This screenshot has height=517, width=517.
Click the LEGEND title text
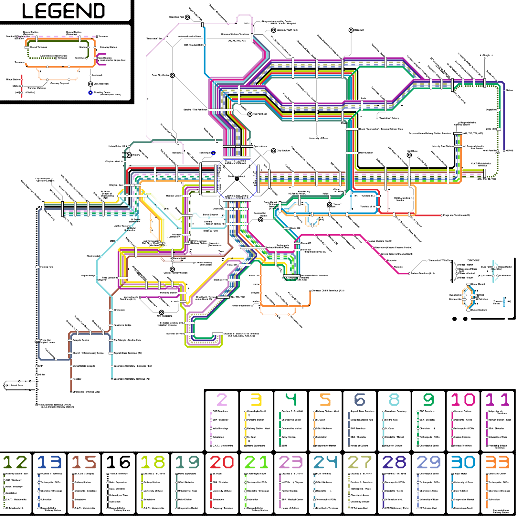pyautogui.click(x=64, y=11)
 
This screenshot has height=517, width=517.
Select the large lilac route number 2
pyautogui.click(x=222, y=400)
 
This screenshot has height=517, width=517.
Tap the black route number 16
pyautogui.click(x=118, y=462)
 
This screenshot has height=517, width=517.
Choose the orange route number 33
pyautogui.click(x=498, y=462)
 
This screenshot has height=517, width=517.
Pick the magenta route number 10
pyautogui.click(x=463, y=400)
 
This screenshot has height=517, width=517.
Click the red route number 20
pyautogui.click(x=222, y=462)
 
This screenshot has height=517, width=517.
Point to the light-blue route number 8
pyautogui.click(x=394, y=400)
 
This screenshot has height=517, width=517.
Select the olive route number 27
pyautogui.click(x=360, y=462)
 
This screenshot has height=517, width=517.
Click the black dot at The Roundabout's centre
pyautogui.click(x=237, y=179)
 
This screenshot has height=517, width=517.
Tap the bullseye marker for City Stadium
pyautogui.click(x=274, y=151)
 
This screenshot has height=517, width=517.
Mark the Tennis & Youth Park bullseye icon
pyautogui.click(x=273, y=30)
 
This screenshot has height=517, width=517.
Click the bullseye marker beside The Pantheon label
pyautogui.click(x=250, y=114)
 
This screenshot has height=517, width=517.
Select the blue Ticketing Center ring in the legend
pyautogui.click(x=90, y=93)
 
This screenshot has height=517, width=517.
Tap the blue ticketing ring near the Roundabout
pyautogui.click(x=213, y=153)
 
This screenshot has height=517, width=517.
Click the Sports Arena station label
pyautogui.click(x=260, y=146)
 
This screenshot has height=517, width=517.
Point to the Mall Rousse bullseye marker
pyautogui.click(x=409, y=155)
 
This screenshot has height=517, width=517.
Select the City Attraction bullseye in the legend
pyautogui.click(x=90, y=84)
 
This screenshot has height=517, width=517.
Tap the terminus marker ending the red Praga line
pyautogui.click(x=442, y=215)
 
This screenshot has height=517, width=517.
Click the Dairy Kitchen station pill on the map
pyautogui.click(x=352, y=153)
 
